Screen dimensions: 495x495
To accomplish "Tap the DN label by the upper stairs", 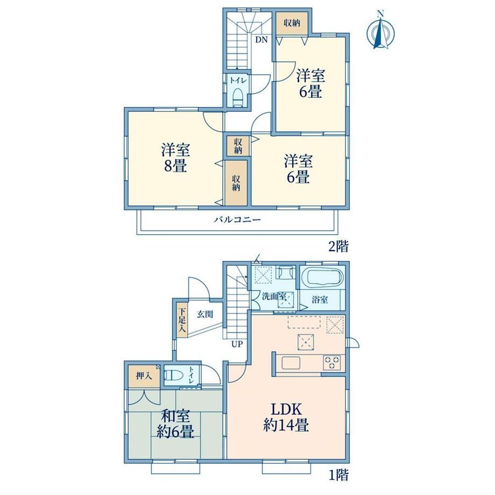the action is pyautogui.click(x=261, y=40).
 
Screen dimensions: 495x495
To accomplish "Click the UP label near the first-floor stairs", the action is pyautogui.click(x=237, y=344).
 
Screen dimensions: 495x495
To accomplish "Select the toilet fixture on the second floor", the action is pyautogui.click(x=237, y=97).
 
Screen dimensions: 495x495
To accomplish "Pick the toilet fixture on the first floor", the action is pyautogui.click(x=174, y=375).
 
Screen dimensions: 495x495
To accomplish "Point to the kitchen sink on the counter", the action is pyautogui.click(x=291, y=363).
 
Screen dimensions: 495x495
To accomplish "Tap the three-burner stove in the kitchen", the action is pyautogui.click(x=332, y=363).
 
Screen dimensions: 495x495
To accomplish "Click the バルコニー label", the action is pyautogui.click(x=237, y=220).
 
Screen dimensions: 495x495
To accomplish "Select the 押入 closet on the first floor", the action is pyautogui.click(x=144, y=376).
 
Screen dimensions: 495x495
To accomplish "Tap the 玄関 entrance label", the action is pyautogui.click(x=205, y=314).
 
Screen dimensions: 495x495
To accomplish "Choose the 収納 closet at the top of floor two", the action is pyautogui.click(x=292, y=23).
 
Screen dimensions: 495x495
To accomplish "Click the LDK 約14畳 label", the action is pyautogui.click(x=286, y=417).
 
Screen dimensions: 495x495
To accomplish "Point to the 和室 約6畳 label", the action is pyautogui.click(x=175, y=424).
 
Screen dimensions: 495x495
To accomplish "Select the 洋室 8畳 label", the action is pyautogui.click(x=175, y=157).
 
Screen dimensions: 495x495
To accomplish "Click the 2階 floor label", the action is pyautogui.click(x=338, y=246).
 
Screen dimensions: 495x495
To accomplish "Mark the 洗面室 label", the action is pyautogui.click(x=274, y=297).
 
